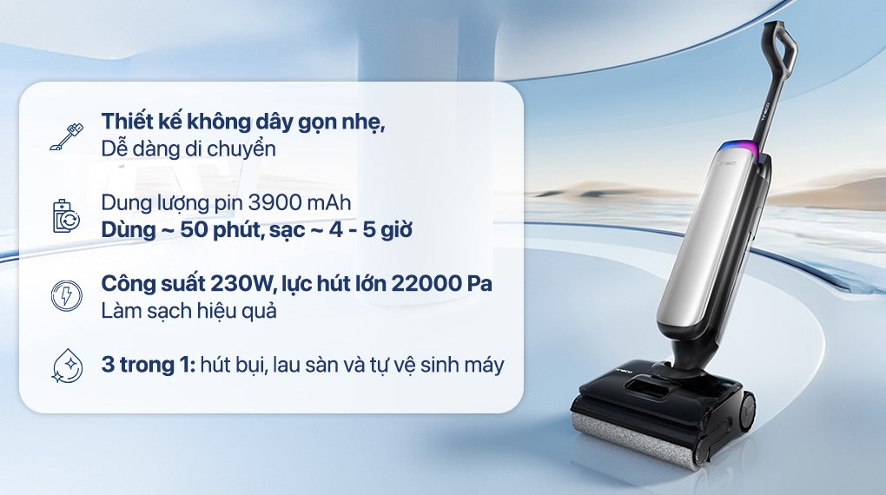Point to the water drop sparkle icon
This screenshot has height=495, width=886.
click(x=65, y=366)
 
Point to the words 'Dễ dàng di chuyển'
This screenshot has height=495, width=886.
click(x=188, y=148)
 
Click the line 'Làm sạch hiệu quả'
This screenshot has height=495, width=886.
click(x=188, y=310)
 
